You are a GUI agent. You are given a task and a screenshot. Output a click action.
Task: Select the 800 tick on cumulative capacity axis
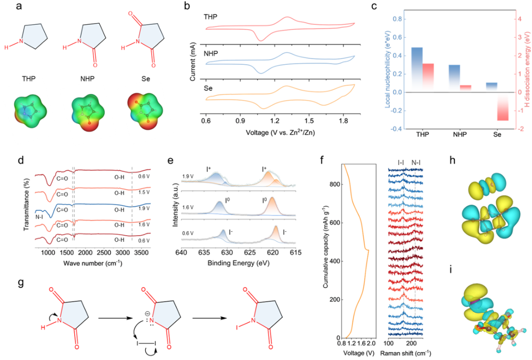point(333,184)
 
